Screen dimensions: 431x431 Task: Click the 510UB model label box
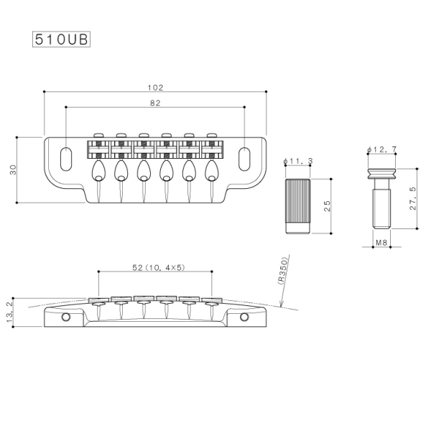pos(61,39)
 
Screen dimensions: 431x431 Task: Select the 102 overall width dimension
pos(155,87)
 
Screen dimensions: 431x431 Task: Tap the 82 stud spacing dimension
pos(155,103)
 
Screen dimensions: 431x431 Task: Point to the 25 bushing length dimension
pos(328,206)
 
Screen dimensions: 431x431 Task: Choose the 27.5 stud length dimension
pos(412,199)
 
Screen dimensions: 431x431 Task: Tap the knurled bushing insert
pos(297,207)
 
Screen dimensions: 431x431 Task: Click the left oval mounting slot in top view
pos(67,156)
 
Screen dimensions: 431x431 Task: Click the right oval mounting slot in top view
pos(245,156)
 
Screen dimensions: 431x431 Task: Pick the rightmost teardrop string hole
pos(212,170)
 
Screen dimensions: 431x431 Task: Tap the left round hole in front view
pos(67,316)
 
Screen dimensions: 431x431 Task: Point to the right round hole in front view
pos(244,316)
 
